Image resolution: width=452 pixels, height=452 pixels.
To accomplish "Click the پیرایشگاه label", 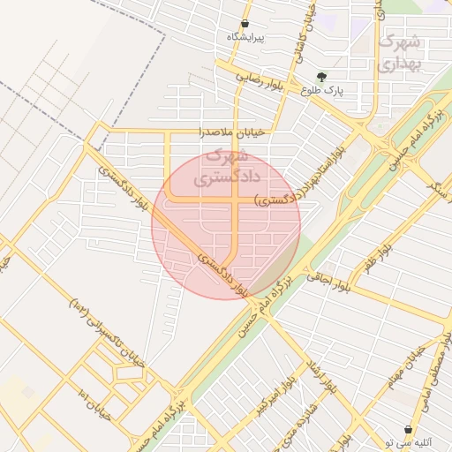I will coord(246,37).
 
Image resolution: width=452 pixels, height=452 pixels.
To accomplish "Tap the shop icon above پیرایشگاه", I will coord(245,23).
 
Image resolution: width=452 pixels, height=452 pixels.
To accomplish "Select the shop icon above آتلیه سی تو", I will coord(409,427).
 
